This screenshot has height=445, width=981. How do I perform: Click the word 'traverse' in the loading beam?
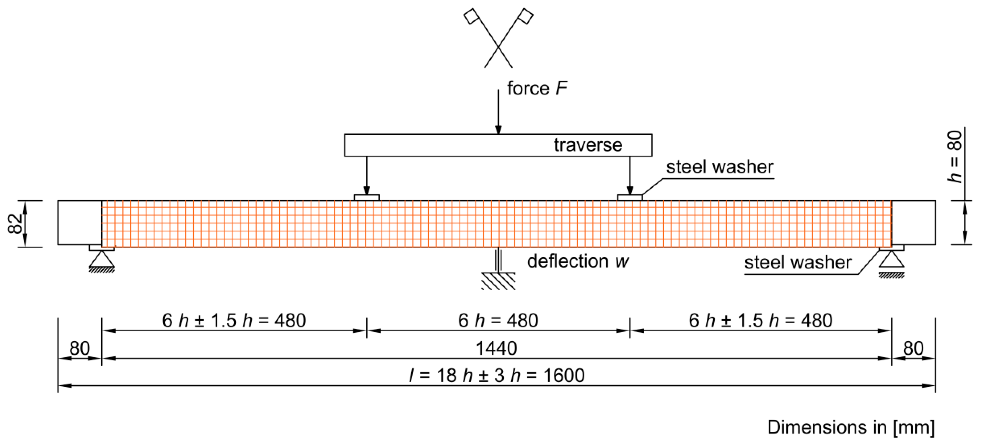coord(588,145)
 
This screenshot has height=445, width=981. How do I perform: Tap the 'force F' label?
coord(537,88)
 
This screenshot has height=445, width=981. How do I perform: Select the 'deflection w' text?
coord(578,262)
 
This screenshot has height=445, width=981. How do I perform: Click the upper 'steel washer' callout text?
coord(720,167)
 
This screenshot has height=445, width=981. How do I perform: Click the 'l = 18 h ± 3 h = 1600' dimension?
coord(497,376)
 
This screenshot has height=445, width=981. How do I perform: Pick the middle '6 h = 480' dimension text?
coord(498,320)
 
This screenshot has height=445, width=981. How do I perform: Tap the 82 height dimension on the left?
coord(16,224)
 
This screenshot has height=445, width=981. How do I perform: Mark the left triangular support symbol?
coord(102,259)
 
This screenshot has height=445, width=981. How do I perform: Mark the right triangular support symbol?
coord(892,259)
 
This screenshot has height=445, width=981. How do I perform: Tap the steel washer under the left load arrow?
coord(367,198)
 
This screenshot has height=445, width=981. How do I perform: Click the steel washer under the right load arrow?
coord(630,198)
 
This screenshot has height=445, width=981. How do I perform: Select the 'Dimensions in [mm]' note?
coord(851,428)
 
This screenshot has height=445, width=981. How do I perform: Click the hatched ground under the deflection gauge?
coord(498,282)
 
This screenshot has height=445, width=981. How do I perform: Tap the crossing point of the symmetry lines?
coord(498,47)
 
